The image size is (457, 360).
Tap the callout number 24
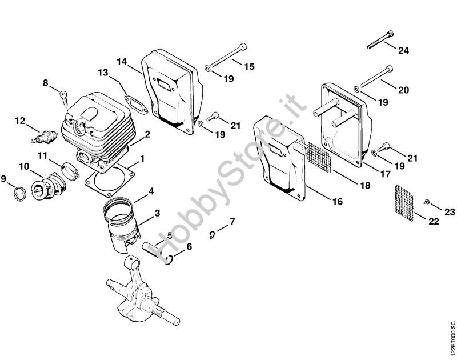click(x=404, y=50)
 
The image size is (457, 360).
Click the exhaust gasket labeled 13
click(x=137, y=104)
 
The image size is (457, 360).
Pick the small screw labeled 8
click(x=64, y=98)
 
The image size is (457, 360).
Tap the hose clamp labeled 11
click(x=70, y=171)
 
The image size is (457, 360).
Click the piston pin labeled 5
click(x=152, y=249)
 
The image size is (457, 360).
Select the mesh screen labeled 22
click(x=403, y=203)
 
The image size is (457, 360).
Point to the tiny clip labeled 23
click(x=426, y=201)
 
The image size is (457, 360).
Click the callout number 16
click(x=338, y=201)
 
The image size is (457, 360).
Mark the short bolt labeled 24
click(x=380, y=40)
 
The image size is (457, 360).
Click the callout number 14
click(x=122, y=62)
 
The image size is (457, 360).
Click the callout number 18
click(x=365, y=185)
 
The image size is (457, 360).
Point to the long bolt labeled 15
click(x=228, y=55)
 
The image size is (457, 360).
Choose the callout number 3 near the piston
click(x=158, y=213)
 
